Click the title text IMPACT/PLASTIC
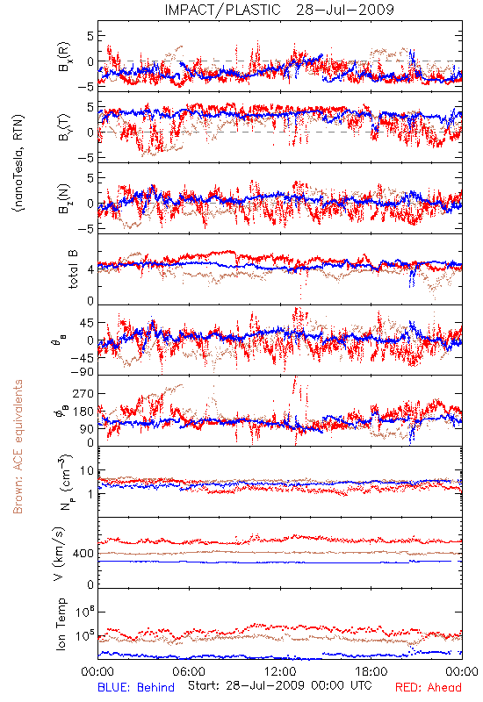[222, 10]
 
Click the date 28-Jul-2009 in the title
[345, 10]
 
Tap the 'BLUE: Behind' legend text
[136, 687]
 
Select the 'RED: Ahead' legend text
[428, 687]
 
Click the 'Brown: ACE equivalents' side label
[18, 447]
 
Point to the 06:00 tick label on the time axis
[189, 671]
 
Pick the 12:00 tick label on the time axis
[280, 671]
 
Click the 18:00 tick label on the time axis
[371, 671]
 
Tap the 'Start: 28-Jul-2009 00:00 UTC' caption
[280, 685]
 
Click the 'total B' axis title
[73, 269]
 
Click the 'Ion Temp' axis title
[61, 624]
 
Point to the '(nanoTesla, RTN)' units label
[18, 162]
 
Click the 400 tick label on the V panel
[83, 554]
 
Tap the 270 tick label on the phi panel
[83, 393]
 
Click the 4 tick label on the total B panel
[91, 269]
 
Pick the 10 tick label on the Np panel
[87, 471]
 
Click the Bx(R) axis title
[64, 57]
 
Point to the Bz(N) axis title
[64, 198]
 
